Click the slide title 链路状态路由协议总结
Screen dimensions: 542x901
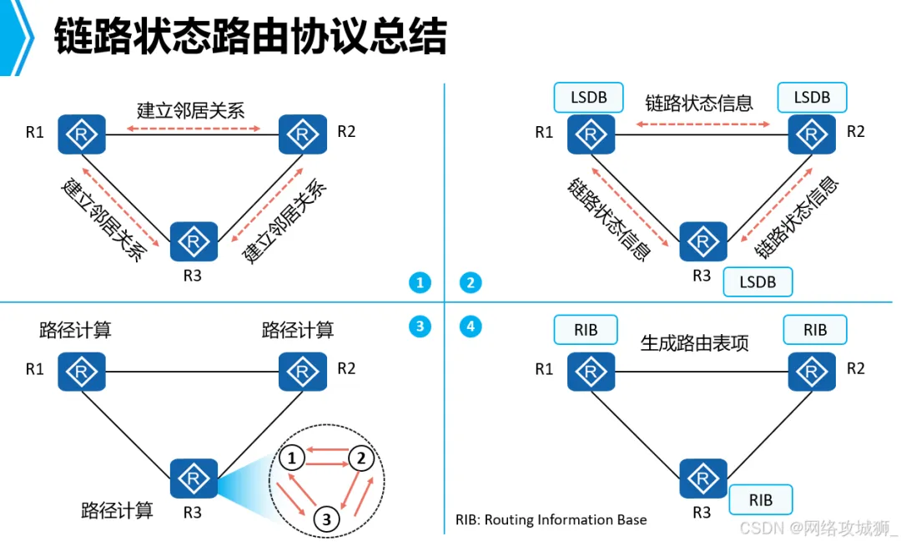pos(250,38)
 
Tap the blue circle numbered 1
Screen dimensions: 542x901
pos(420,283)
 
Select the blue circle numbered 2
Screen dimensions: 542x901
pos(471,283)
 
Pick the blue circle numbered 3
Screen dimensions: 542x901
pos(420,327)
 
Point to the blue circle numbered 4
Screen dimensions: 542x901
pos(471,327)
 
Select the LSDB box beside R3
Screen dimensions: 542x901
pos(758,282)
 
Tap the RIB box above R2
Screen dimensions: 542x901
pos(815,330)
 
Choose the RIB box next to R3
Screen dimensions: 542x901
pos(760,500)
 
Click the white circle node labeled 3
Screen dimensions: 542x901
pos(327,519)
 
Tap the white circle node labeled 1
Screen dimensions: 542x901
pos(290,458)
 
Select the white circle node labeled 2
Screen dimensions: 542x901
pos(360,458)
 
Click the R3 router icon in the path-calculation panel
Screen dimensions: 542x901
pos(194,479)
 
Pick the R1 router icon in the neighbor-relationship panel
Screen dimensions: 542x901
pos(81,134)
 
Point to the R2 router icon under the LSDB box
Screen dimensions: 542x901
pos(813,134)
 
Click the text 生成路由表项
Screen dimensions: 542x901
pos(694,343)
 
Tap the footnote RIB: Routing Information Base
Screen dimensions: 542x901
pos(551,519)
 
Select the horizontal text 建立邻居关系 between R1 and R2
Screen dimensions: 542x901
pos(191,110)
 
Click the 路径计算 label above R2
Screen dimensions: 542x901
pos(298,330)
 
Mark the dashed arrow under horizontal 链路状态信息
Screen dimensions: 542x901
pos(702,124)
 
